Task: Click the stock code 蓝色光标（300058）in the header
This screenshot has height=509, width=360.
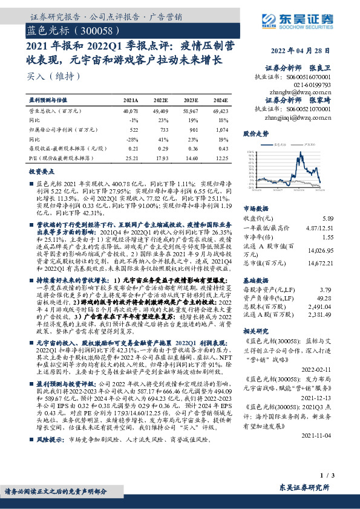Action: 68,30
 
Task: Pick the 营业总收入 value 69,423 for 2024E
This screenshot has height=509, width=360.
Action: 220,112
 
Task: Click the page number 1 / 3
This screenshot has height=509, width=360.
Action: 341,478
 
